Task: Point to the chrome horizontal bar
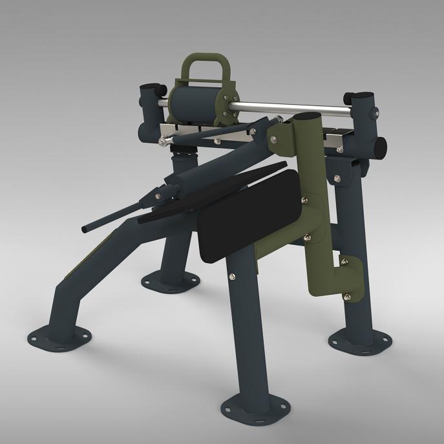click(x=291, y=106)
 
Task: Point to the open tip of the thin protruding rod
click(x=85, y=230)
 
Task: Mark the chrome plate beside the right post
click(x=339, y=137)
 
